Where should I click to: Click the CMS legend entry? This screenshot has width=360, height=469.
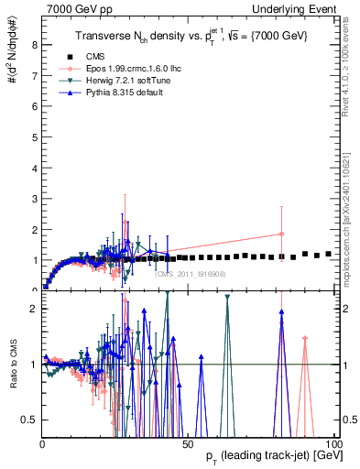point(90,56)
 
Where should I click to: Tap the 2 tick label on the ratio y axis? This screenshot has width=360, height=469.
point(34,309)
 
